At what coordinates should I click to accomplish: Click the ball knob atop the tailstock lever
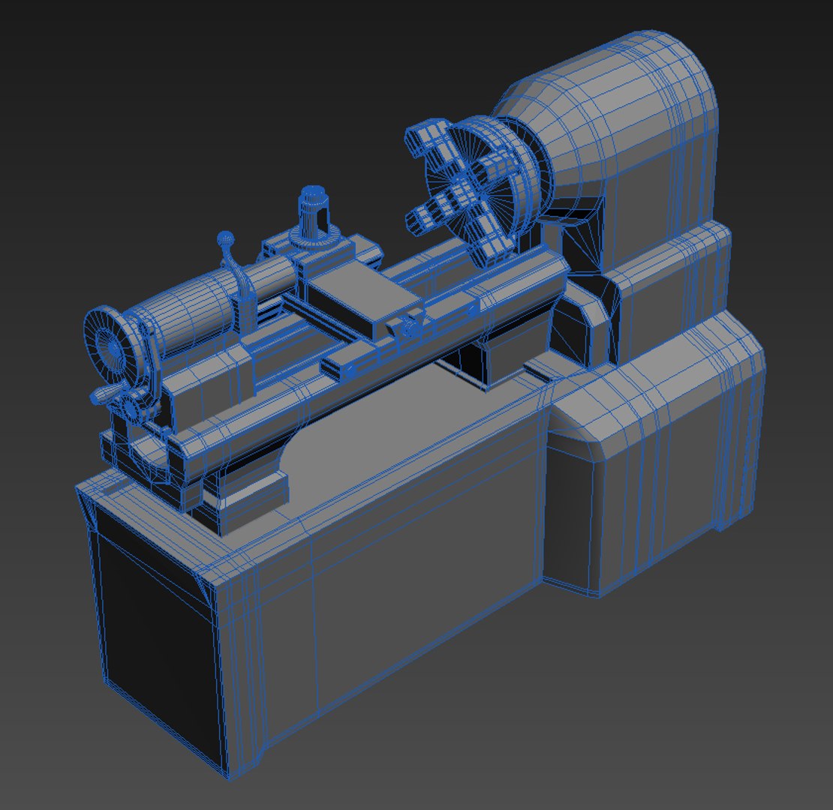point(225,238)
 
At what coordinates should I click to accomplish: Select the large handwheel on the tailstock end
point(110,346)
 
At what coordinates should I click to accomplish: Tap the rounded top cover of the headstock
point(615,90)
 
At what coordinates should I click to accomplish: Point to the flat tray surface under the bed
point(360,435)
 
